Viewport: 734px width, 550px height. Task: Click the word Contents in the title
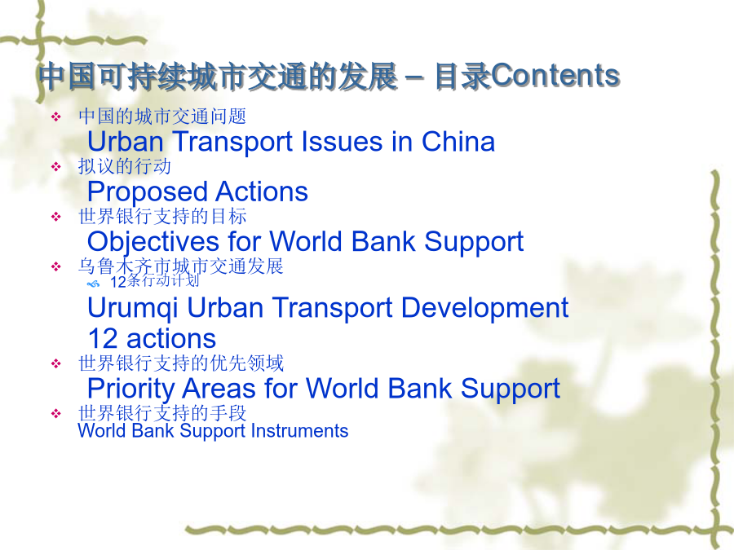tap(555, 76)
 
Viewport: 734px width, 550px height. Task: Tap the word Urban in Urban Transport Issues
tap(125, 141)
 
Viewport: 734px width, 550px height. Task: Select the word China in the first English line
tap(458, 141)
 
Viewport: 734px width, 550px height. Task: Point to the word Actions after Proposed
tap(262, 191)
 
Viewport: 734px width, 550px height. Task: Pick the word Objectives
tap(153, 242)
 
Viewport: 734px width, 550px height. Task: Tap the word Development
tap(485, 309)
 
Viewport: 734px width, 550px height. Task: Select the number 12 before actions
tap(103, 339)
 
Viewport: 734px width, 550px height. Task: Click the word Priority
tap(131, 389)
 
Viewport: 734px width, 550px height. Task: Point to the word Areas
tap(219, 388)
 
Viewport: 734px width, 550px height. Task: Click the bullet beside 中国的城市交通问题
tap(56, 117)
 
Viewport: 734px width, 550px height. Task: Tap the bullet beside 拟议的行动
tap(56, 166)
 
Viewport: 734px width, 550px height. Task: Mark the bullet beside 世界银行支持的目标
tap(56, 217)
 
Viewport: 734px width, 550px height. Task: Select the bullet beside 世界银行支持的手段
tap(56, 413)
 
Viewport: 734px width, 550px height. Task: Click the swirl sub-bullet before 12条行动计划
tap(94, 284)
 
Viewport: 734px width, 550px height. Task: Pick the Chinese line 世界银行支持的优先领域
tap(181, 363)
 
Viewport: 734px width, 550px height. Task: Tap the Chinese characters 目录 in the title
tap(462, 76)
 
